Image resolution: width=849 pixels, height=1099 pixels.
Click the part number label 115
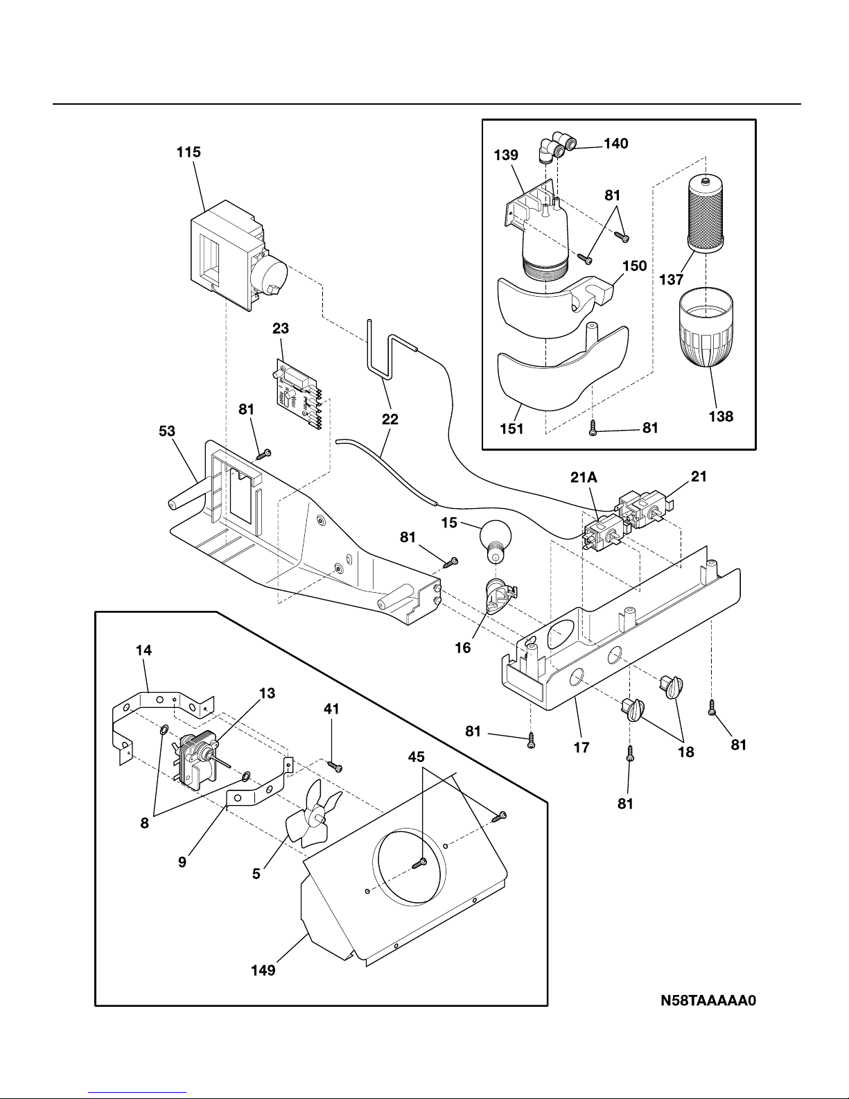tap(189, 152)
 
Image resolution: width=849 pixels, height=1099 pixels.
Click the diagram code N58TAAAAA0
tap(708, 1001)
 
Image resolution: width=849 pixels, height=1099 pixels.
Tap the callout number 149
tap(263, 970)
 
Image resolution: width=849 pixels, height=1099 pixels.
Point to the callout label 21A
tap(584, 477)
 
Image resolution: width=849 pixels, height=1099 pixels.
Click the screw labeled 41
tap(335, 766)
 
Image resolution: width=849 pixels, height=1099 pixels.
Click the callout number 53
tap(167, 431)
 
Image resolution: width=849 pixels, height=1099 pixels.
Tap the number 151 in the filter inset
tap(511, 429)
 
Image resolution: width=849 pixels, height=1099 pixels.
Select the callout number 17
tap(581, 747)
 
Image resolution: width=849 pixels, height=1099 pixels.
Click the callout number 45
tap(416, 756)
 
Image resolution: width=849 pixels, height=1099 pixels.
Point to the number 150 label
tap(635, 266)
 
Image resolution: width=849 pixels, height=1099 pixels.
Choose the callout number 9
tap(182, 862)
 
